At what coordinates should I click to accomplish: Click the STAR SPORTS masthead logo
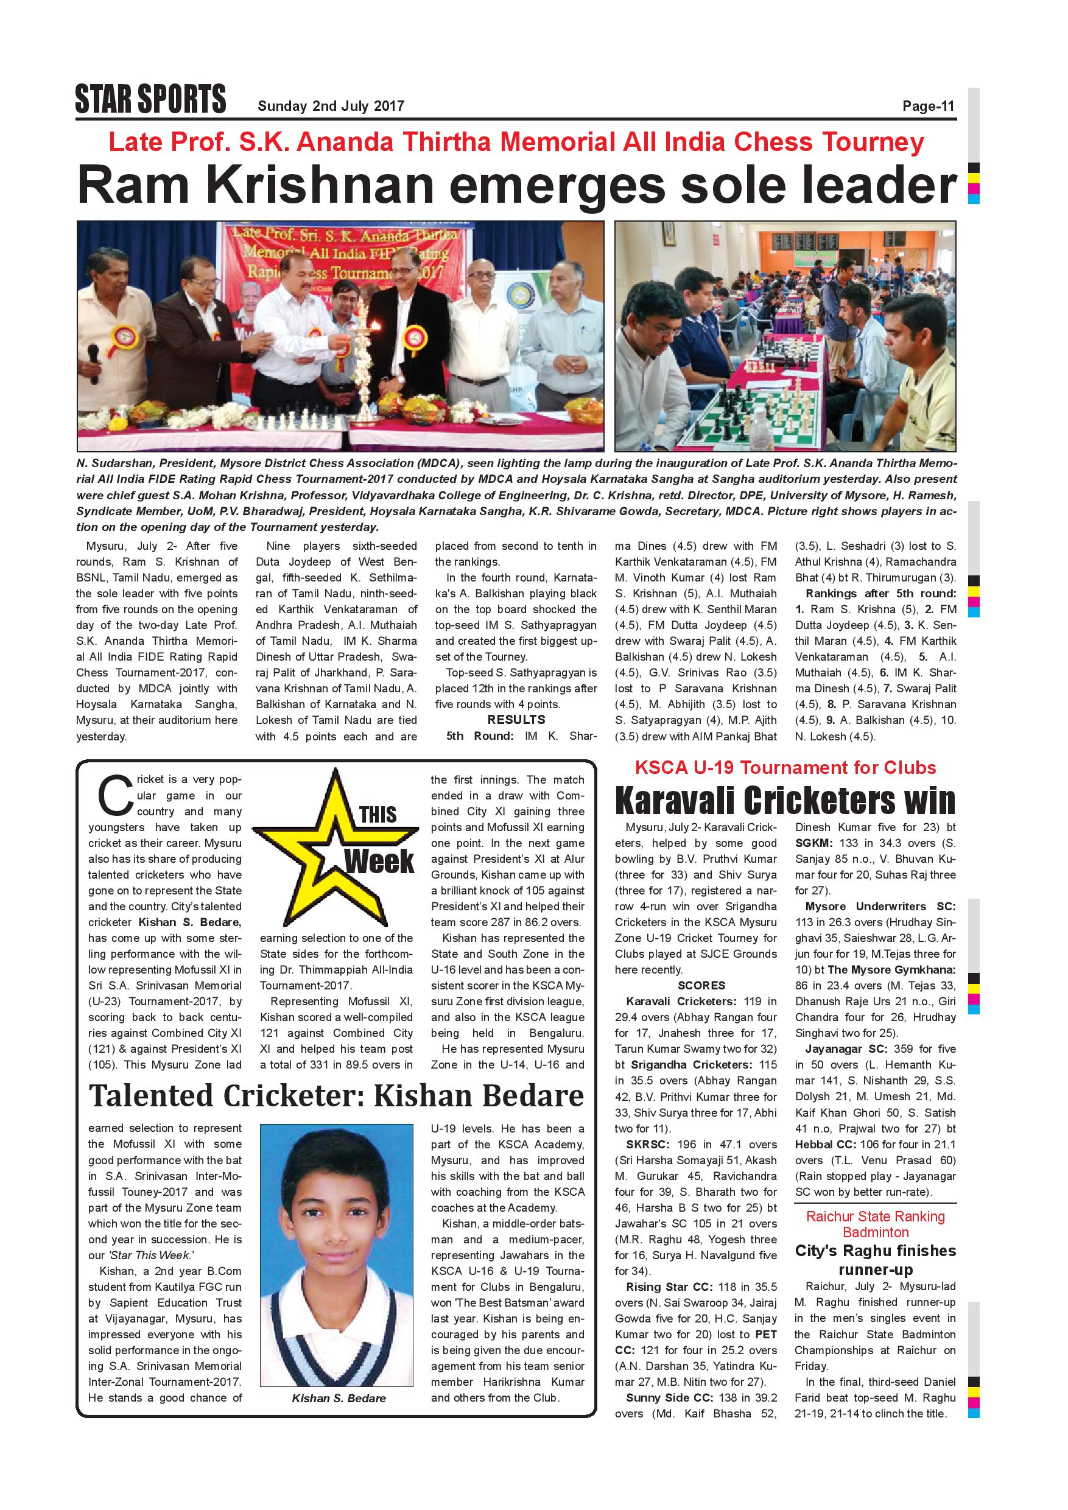150,100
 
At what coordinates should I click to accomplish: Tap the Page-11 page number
928,106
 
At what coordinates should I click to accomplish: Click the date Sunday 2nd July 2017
331,106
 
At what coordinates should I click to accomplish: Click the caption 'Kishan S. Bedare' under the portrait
339,1398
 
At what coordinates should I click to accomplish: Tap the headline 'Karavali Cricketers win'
784,801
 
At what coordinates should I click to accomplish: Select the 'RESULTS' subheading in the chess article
516,720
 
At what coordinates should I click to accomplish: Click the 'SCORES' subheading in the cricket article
701,985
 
